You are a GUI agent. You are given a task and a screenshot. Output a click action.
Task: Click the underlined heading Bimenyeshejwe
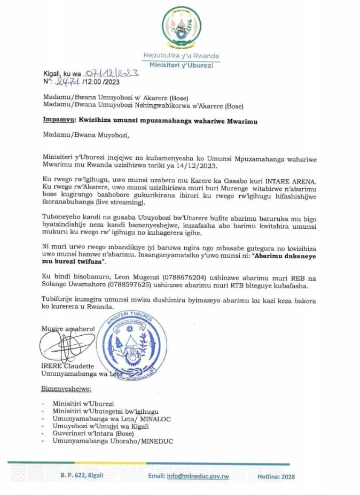pyautogui.click(x=66, y=388)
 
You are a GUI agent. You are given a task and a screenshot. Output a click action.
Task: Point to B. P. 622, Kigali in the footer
pyautogui.click(x=82, y=475)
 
